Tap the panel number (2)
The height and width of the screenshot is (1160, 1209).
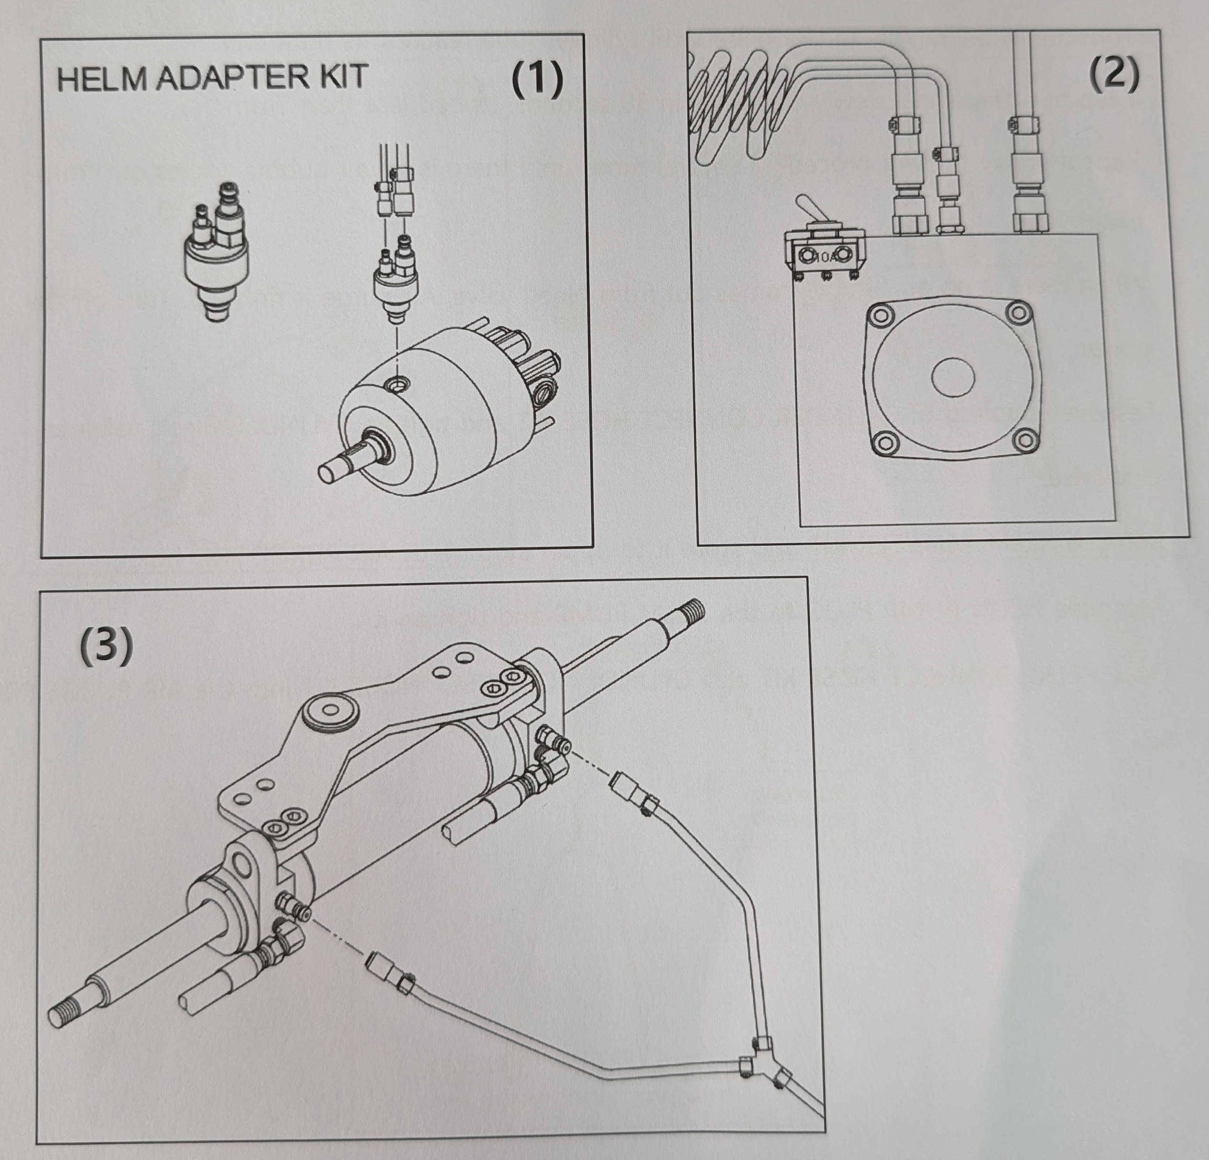click(1113, 76)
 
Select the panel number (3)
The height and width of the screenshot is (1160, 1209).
click(106, 646)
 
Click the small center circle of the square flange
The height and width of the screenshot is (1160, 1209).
click(953, 377)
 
